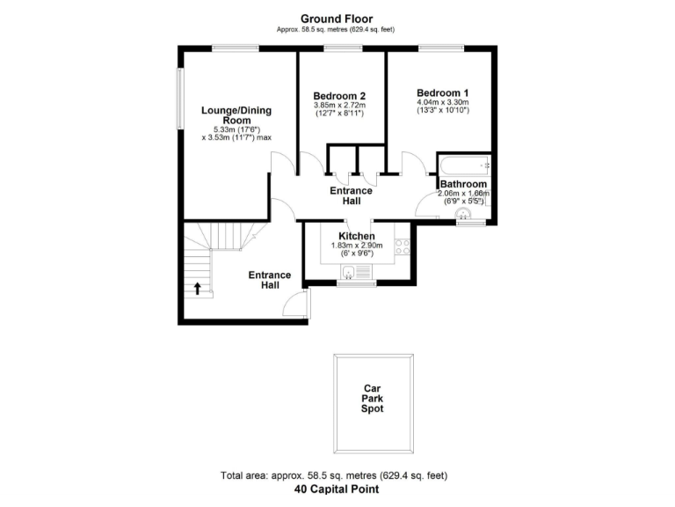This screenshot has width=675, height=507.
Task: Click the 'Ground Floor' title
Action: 337,18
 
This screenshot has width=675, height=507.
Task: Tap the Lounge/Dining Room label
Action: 236,115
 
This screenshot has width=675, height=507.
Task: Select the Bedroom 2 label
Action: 339,96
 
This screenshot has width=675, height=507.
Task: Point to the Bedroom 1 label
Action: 443,92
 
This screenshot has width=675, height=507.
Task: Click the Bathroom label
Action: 463,184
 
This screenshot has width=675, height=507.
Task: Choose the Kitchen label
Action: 357,236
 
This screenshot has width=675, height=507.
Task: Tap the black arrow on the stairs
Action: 198,287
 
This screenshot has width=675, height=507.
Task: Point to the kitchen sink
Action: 349,271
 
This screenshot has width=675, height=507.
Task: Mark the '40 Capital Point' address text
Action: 337,489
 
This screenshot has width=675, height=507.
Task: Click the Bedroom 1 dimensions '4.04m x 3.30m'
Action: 443,102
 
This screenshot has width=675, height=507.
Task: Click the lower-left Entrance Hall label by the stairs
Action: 270,280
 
